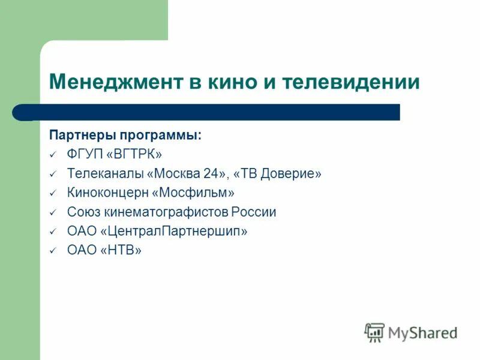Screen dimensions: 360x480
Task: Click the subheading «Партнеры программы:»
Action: tap(125, 135)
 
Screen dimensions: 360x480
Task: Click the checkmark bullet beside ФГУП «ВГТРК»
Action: tap(53, 155)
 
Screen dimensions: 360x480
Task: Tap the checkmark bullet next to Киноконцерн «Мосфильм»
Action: tap(53, 193)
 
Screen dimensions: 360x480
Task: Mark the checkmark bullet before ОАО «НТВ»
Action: tap(53, 251)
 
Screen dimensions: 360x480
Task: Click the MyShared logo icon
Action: tap(374, 331)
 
